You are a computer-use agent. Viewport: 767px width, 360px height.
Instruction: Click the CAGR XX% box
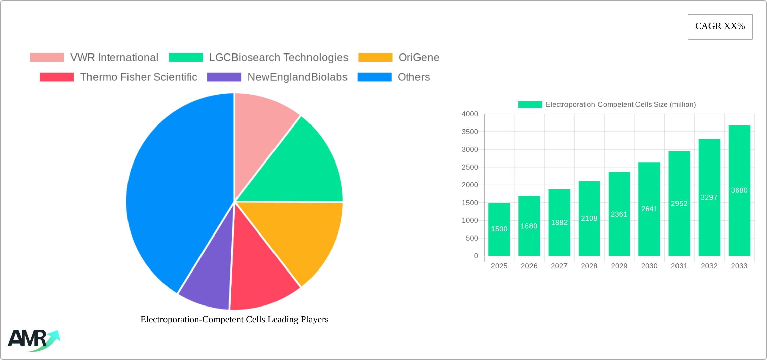(x=720, y=27)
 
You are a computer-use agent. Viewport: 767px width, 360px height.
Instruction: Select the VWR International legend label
(x=114, y=58)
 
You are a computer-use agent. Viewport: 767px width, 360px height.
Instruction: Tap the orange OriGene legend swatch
(x=375, y=58)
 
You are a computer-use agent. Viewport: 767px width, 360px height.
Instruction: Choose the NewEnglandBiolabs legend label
(x=297, y=77)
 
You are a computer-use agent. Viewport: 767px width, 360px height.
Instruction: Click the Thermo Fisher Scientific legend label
(x=139, y=77)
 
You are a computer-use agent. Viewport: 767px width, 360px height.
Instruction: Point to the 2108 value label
(x=589, y=218)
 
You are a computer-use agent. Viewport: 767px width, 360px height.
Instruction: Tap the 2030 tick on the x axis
(x=649, y=266)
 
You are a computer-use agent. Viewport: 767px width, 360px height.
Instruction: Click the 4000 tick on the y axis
(x=470, y=114)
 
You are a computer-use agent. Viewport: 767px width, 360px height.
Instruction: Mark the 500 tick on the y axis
(x=472, y=238)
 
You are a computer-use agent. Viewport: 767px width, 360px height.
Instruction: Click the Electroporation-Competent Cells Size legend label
(x=621, y=105)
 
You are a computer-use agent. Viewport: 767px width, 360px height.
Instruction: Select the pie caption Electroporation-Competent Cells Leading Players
(x=234, y=319)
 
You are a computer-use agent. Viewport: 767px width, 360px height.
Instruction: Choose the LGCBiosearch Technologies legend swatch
(x=185, y=58)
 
